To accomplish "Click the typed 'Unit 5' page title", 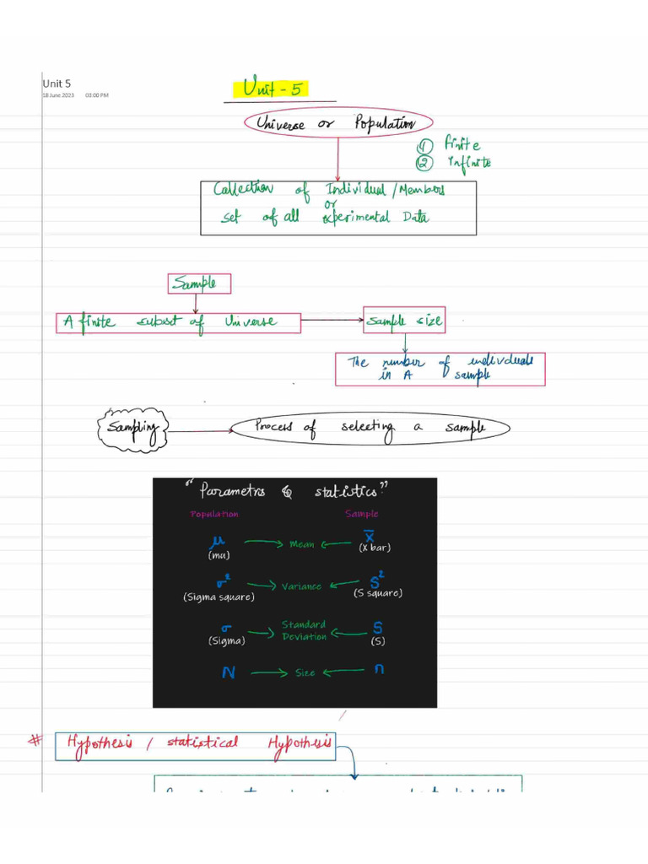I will [57, 84].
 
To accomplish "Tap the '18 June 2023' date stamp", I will [59, 95].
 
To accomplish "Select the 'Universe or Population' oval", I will [337, 123].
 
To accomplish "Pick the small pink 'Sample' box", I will [199, 283].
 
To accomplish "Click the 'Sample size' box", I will [404, 321].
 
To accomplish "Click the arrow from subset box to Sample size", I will [332, 321].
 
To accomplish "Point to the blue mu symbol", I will [221, 542].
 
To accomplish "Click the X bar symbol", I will [369, 537].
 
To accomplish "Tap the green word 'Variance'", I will [301, 586].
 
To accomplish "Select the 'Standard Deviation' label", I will [304, 630].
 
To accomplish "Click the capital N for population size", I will [228, 672].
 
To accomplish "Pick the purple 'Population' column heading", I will [214, 514].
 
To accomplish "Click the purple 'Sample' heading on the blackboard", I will [361, 514].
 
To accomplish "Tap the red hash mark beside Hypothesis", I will [35, 740].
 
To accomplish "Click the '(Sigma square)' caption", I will [219, 597].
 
